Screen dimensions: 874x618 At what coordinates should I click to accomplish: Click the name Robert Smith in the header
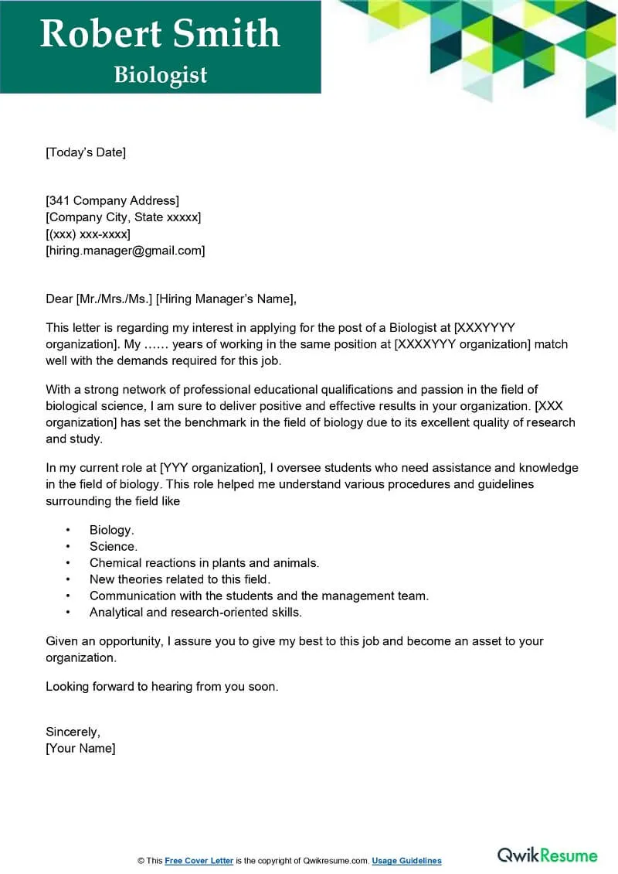click(x=160, y=34)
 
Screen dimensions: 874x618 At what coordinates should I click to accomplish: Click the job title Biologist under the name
click(x=161, y=75)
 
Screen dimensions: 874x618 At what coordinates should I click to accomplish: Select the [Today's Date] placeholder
click(x=86, y=152)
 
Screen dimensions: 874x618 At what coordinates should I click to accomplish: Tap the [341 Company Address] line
click(x=113, y=201)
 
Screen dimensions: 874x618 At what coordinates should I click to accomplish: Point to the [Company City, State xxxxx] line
click(x=124, y=217)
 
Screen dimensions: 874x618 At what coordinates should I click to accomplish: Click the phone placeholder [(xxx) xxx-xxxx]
click(x=88, y=234)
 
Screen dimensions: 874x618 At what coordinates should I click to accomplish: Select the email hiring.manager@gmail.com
click(x=125, y=251)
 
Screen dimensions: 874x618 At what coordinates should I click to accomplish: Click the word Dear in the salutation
click(x=59, y=299)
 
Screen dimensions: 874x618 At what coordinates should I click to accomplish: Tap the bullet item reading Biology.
click(x=112, y=530)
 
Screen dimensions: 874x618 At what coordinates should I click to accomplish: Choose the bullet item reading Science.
click(x=114, y=547)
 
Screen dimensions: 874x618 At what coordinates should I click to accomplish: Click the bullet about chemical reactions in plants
click(x=204, y=563)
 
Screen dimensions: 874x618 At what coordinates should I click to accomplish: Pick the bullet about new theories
click(x=180, y=579)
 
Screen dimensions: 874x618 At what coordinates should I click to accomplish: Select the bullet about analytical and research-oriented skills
click(x=195, y=612)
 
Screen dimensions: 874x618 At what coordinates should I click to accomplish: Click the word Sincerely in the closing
click(x=73, y=732)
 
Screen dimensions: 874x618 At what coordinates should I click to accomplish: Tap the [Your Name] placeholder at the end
click(x=80, y=748)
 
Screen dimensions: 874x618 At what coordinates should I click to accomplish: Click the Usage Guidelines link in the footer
click(x=406, y=861)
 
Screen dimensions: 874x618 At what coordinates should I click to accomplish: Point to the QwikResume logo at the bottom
click(x=547, y=855)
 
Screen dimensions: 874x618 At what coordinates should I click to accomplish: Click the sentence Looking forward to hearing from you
click(x=161, y=686)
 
